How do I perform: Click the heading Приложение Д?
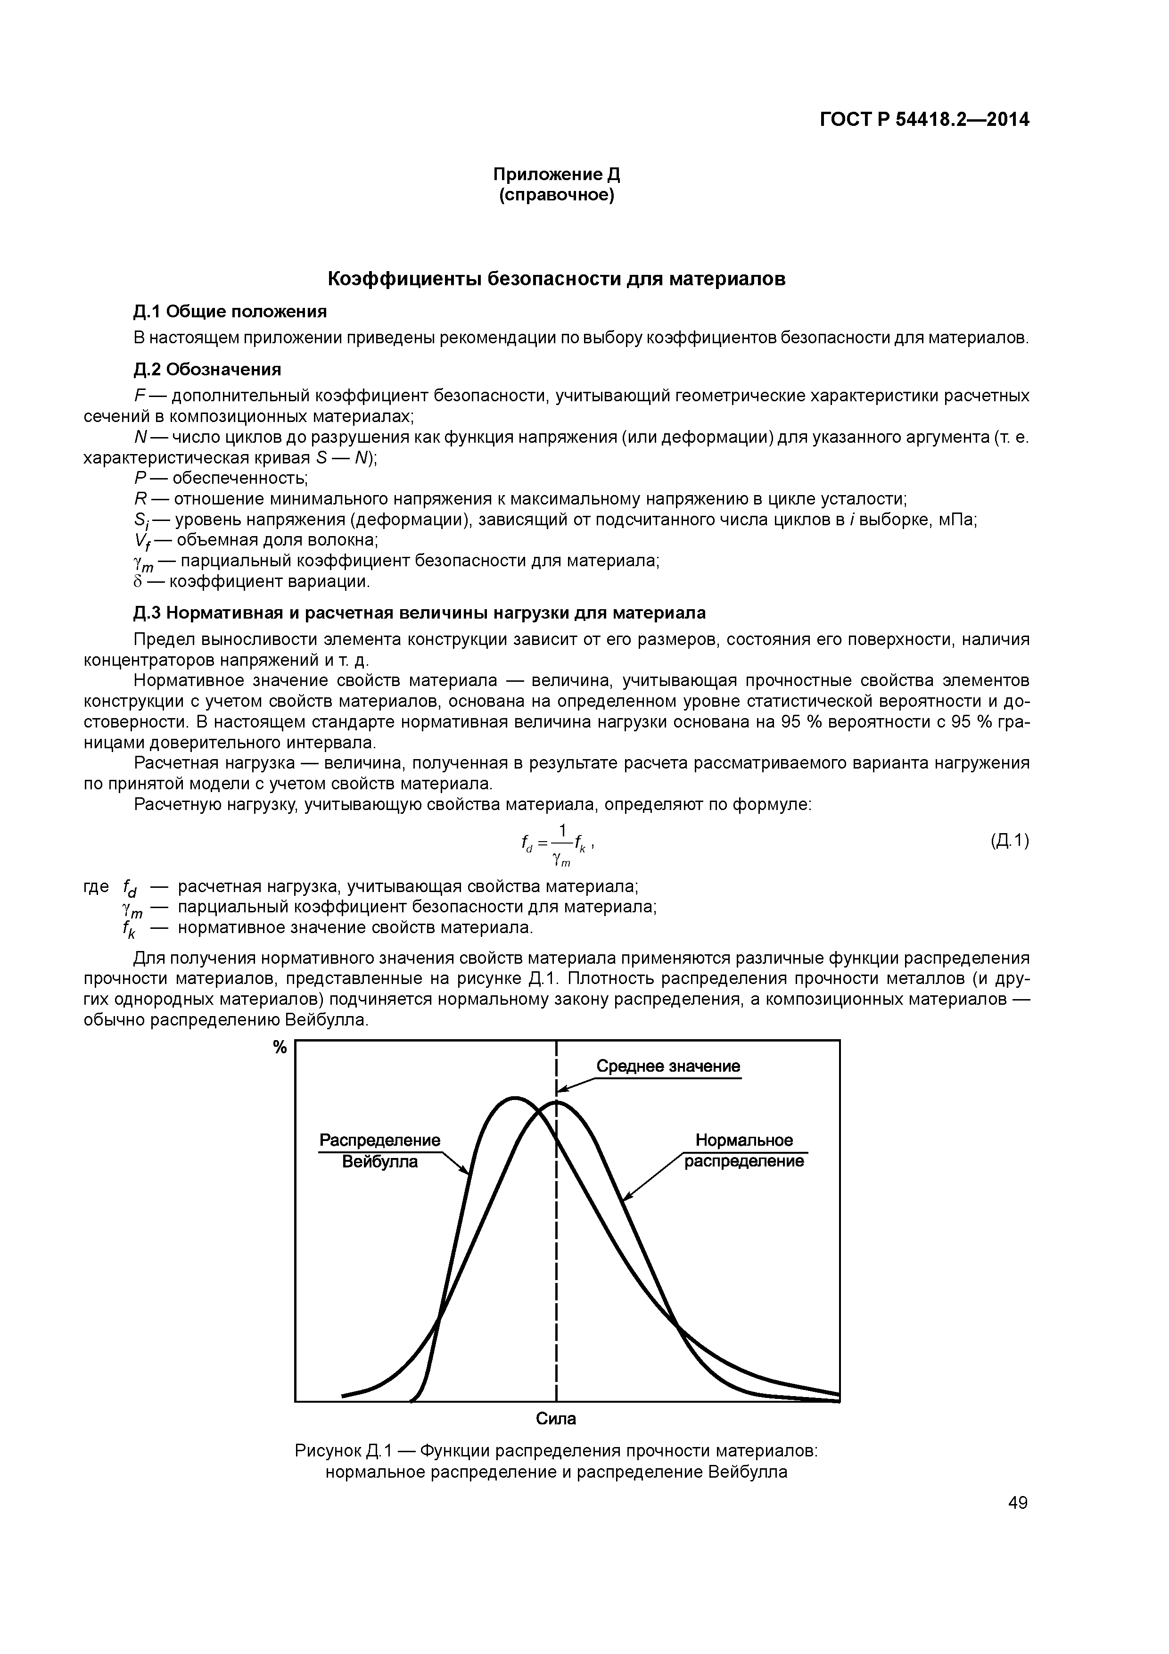(556, 174)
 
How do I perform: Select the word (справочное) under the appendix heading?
(556, 195)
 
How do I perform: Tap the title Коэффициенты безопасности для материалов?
(556, 279)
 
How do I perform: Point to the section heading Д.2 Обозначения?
(207, 370)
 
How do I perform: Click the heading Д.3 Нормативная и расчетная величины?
(419, 612)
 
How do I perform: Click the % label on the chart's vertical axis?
(280, 1048)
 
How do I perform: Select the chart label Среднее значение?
(667, 1066)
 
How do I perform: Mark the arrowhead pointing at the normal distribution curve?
(625, 1199)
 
